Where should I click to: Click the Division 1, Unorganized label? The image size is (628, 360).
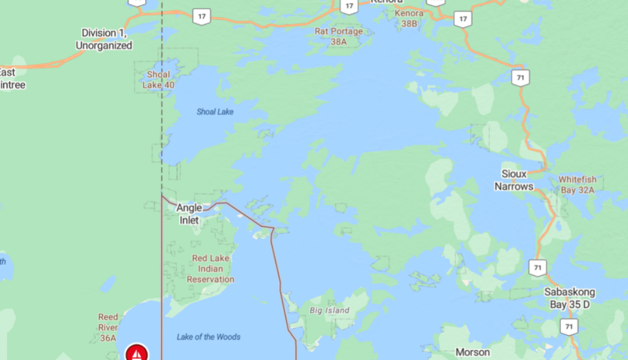click(104, 40)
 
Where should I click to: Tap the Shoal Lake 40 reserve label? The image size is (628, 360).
click(158, 80)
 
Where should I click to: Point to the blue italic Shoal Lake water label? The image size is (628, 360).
click(215, 112)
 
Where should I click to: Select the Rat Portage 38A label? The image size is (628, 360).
click(338, 36)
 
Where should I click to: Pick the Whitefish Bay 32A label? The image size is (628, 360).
click(577, 185)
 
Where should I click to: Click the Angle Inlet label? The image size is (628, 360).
click(189, 214)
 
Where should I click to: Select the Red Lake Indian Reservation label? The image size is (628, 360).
click(211, 269)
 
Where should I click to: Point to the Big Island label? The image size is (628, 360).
click(329, 310)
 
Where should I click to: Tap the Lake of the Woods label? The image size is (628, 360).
click(208, 337)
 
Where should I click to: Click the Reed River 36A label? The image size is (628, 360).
click(108, 328)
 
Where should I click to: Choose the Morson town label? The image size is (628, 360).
click(473, 352)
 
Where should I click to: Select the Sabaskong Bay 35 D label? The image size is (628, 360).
click(569, 298)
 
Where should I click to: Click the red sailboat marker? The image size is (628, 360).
click(137, 354)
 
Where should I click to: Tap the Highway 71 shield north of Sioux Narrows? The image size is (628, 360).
click(520, 78)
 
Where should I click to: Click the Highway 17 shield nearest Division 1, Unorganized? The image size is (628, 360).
click(201, 16)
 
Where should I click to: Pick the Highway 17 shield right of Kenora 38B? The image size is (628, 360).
click(462, 19)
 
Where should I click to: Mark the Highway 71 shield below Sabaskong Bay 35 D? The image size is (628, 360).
click(568, 326)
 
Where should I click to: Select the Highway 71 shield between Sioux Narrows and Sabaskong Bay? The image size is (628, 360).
click(538, 267)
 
